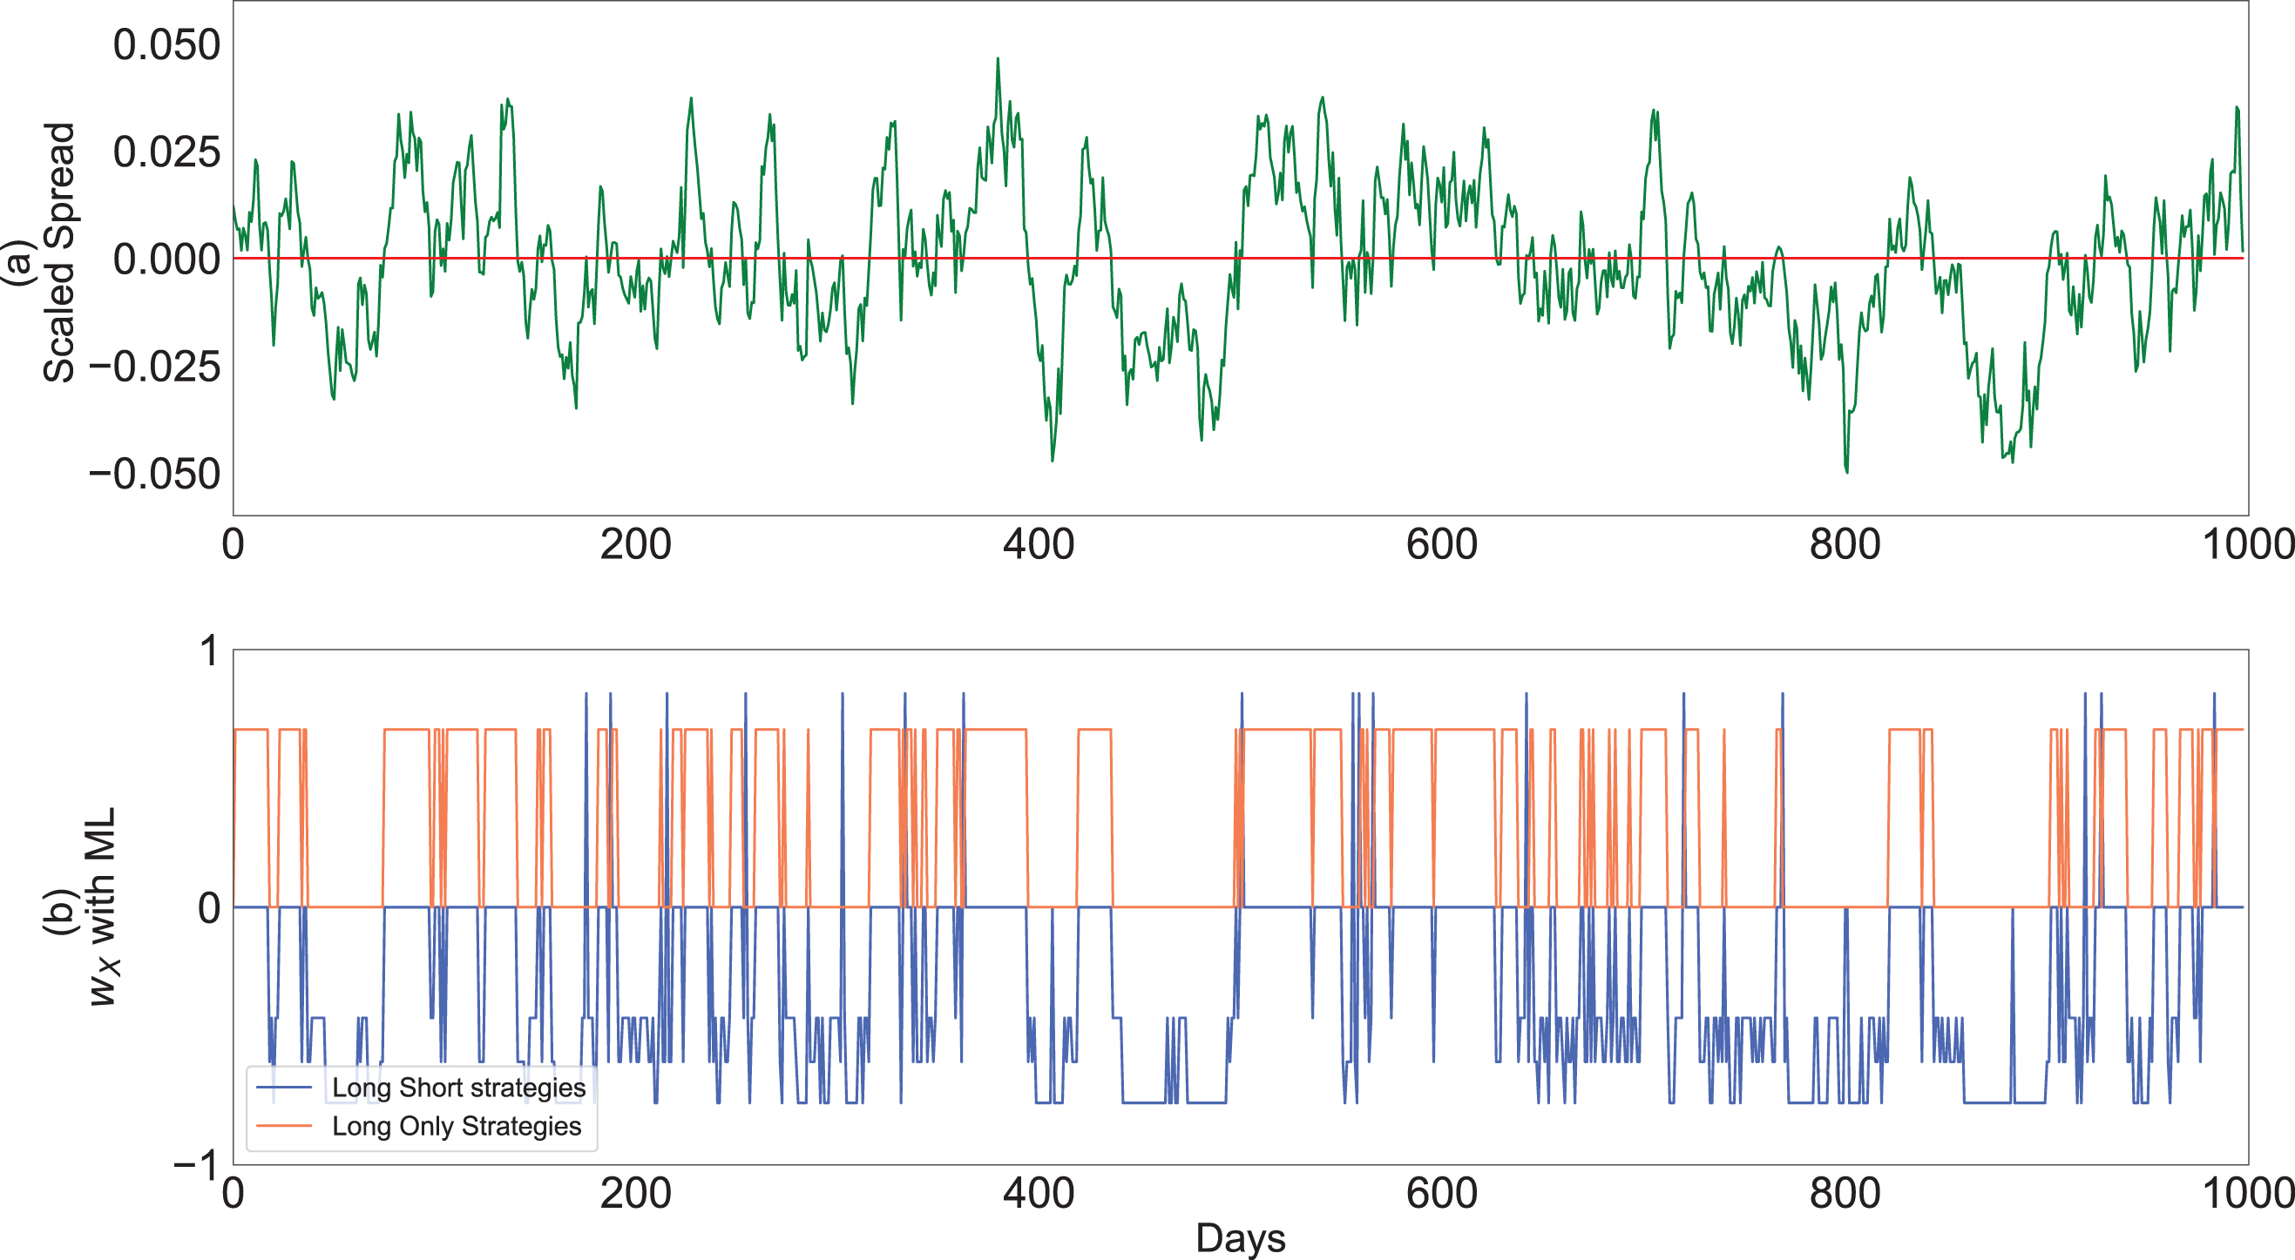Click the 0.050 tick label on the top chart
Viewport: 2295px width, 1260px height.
[x=166, y=44]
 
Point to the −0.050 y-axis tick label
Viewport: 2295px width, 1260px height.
[x=154, y=474]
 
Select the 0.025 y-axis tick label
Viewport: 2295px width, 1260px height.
[x=166, y=152]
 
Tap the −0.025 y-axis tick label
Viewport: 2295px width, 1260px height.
[x=154, y=366]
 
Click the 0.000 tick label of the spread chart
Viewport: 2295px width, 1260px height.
[x=166, y=259]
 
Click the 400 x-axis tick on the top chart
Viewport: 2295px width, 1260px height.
[x=1039, y=544]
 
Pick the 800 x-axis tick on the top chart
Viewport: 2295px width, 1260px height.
[x=1845, y=544]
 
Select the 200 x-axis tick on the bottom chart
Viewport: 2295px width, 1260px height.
[x=636, y=1193]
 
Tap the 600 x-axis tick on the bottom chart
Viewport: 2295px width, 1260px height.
[x=1441, y=1193]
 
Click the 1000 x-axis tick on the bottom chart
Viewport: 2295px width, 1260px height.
[x=2247, y=1193]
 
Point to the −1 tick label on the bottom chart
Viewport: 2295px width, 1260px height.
[x=196, y=1165]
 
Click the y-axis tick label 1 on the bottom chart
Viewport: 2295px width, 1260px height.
[x=209, y=650]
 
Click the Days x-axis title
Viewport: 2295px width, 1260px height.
[x=1240, y=1238]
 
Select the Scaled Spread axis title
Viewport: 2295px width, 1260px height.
[x=58, y=253]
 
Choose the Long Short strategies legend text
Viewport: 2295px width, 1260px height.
[x=459, y=1088]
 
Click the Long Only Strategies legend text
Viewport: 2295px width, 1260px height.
[x=457, y=1127]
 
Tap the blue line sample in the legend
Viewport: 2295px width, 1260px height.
[x=284, y=1088]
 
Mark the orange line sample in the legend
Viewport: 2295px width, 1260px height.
[x=284, y=1127]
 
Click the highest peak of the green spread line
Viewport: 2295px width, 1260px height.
[x=998, y=58]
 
